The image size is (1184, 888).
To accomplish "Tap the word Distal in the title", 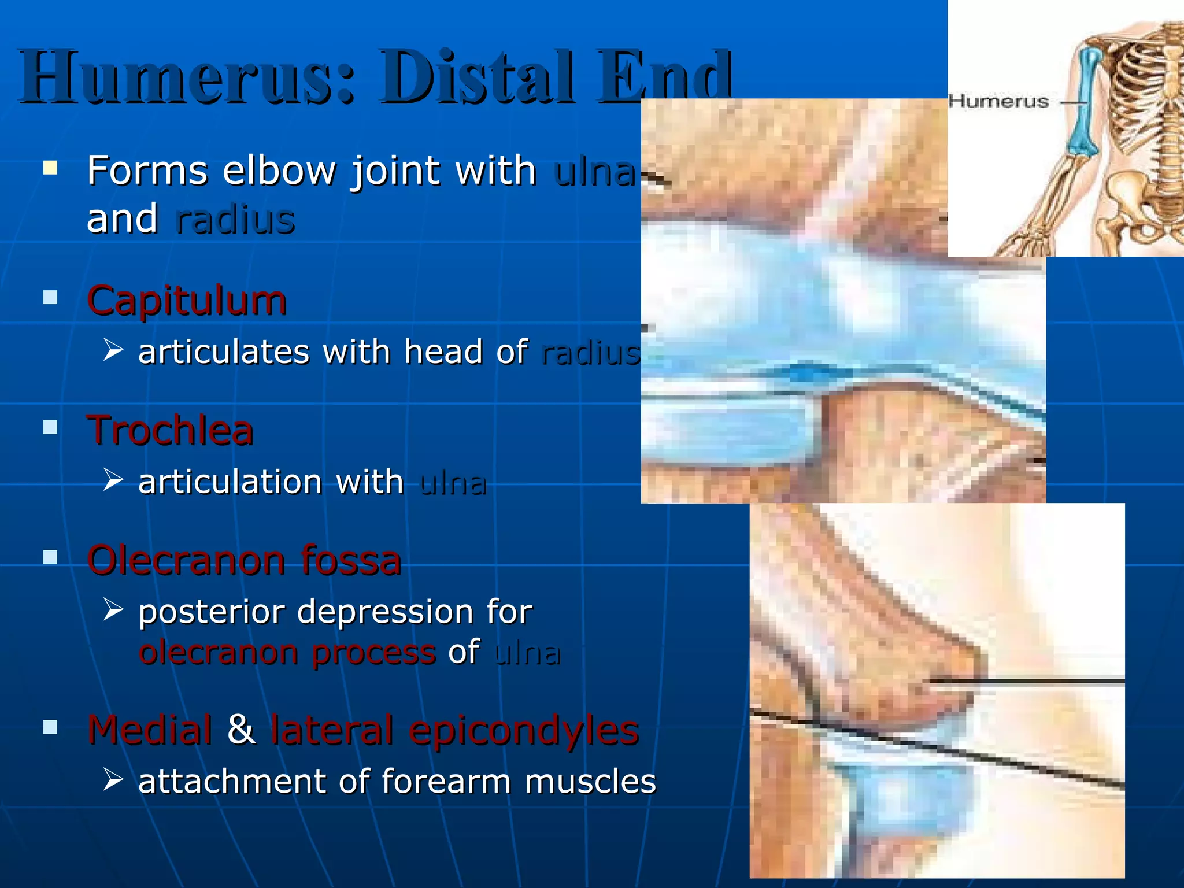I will pos(478,77).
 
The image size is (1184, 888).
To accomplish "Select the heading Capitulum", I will pos(187,301).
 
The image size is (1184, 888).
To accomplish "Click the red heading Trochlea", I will pos(170,431).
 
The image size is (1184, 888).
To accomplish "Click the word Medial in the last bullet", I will pos(150,730).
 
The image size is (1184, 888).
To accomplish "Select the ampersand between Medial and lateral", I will pos(242,730).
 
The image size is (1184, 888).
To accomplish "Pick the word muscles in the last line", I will pos(590,782).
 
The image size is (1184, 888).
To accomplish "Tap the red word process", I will pos(373,653).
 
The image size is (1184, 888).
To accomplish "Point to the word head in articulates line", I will pos(443,351).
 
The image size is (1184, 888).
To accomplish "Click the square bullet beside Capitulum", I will pos(51,298).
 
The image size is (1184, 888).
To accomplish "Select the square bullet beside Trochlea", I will pos(51,428).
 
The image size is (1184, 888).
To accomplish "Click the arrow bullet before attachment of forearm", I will pos(113,780).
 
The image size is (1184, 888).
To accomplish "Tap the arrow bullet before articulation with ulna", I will pos(113,480).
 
